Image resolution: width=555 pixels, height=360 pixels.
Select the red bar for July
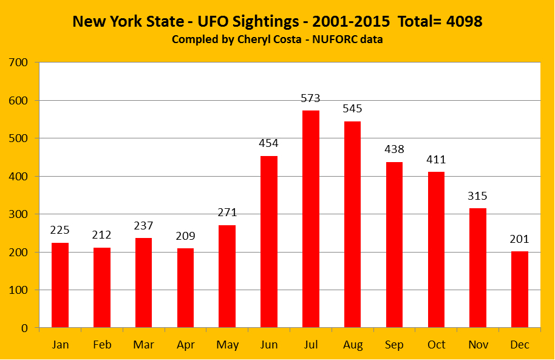coord(311,219)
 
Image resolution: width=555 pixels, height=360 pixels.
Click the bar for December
coord(520,290)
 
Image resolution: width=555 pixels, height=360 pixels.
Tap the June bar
coord(269,242)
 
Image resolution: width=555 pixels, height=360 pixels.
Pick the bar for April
coord(185,288)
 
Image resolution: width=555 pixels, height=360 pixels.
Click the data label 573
coord(311,98)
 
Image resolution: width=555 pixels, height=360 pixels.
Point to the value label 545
coord(353,109)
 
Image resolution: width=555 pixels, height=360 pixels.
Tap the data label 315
coord(478,196)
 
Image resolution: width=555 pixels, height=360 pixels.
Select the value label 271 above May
coord(227,213)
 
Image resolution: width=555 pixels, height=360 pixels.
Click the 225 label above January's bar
coord(60,231)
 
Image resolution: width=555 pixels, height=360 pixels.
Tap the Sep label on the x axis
coord(394,345)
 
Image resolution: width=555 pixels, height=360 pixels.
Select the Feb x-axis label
coord(101,345)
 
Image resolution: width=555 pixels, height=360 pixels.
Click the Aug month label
coord(353,345)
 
